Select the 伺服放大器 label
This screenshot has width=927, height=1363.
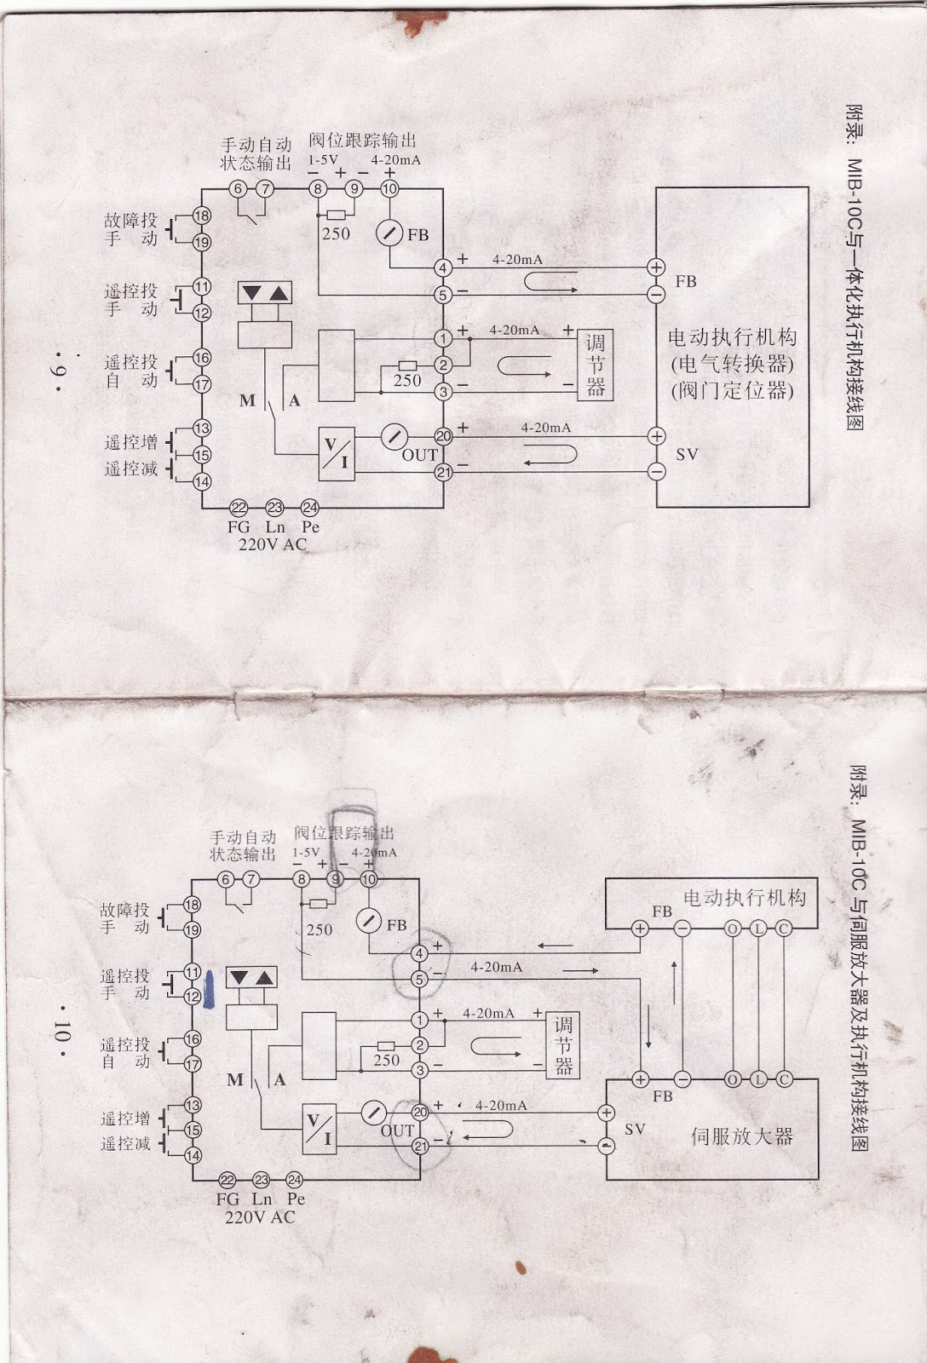pos(741,1136)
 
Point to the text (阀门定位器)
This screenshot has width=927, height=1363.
pos(732,391)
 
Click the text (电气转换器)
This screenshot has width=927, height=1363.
pos(732,364)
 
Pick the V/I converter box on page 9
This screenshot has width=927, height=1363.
pos(337,453)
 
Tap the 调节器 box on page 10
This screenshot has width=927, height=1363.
pos(563,1045)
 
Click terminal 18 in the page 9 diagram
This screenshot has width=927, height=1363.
pos(201,216)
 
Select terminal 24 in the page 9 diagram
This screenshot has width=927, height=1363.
pos(310,508)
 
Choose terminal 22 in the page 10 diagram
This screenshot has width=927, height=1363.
pos(227,1180)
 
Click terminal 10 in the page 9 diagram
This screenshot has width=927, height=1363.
pos(389,188)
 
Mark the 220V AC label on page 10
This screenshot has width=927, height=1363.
pos(260,1217)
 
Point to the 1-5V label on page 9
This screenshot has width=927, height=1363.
pos(323,159)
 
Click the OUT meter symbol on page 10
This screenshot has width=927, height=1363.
pos(373,1112)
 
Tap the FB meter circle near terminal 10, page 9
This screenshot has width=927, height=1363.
pos(389,233)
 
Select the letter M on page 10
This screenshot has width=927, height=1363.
pos(236,1080)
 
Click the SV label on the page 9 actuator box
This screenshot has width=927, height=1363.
pos(687,454)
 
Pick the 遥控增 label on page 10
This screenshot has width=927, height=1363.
pos(125,1118)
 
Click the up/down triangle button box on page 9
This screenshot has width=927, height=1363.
pos(264,294)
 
